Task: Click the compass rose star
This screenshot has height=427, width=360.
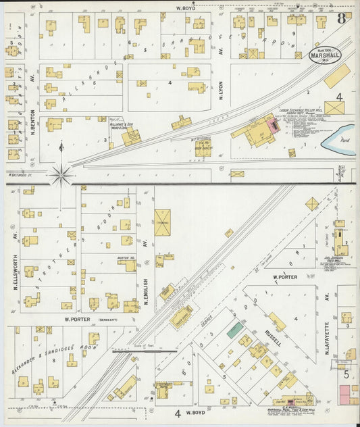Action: pyautogui.click(x=61, y=176)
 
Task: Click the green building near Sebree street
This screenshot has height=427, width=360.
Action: pyautogui.click(x=235, y=330)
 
